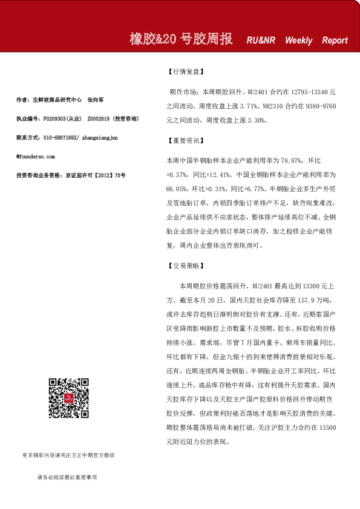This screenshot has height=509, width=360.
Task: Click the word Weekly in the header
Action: [298, 41]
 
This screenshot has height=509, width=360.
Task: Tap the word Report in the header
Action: [335, 41]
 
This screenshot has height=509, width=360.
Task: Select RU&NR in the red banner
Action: [261, 41]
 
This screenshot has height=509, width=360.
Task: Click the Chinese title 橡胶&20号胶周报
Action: [181, 39]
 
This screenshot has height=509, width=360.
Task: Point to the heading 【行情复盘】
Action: [185, 71]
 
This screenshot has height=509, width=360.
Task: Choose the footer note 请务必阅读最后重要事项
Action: [67, 478]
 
